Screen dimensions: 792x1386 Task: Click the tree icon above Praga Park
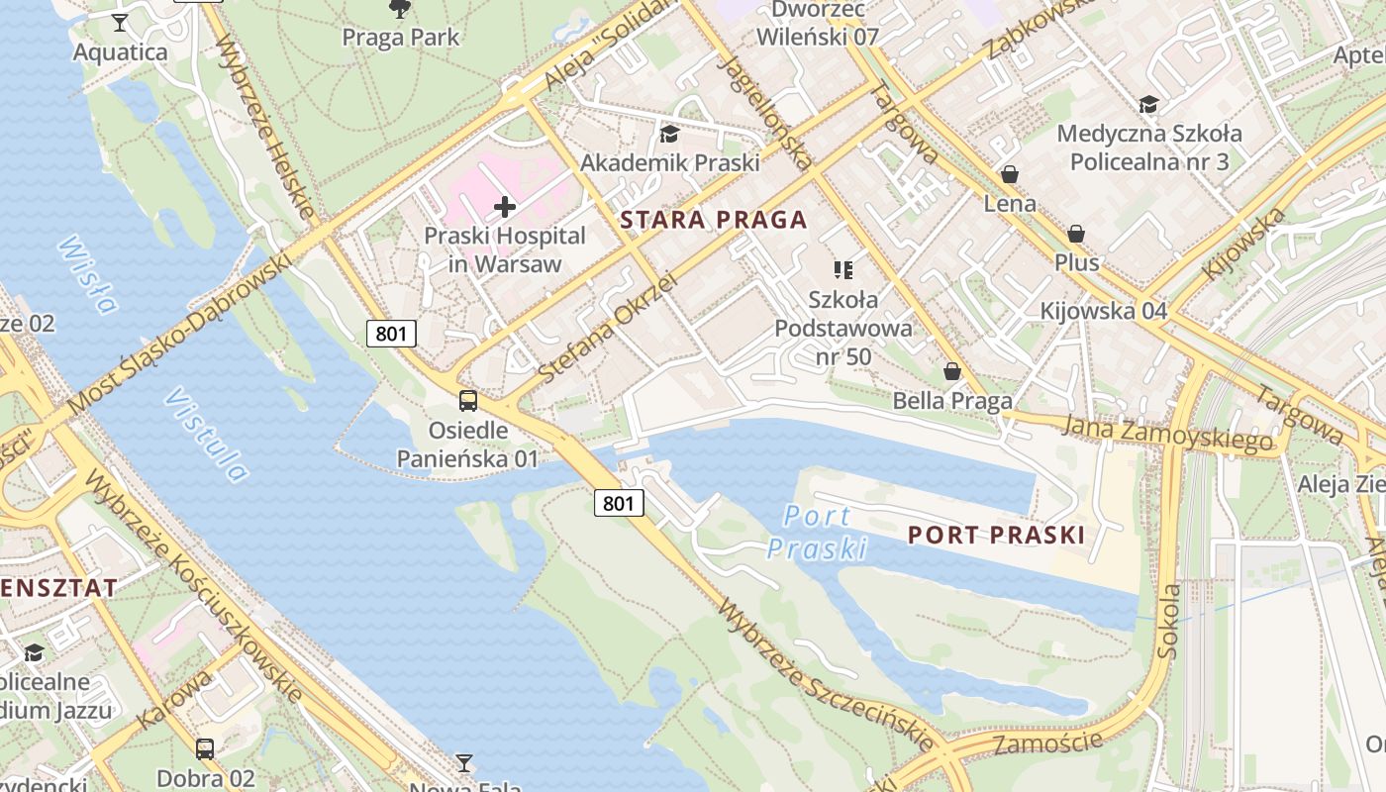[x=400, y=9]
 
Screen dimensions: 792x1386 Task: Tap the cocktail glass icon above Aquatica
[x=120, y=22]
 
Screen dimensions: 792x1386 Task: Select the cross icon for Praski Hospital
[x=505, y=207]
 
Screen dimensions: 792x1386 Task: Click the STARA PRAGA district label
[x=714, y=220]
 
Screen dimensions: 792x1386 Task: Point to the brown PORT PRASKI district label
[x=996, y=536]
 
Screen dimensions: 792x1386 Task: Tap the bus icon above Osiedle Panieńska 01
[x=468, y=401]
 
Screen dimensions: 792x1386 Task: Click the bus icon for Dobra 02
[x=205, y=748]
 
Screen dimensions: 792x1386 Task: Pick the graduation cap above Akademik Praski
[x=670, y=134]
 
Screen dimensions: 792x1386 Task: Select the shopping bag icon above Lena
[x=1010, y=174]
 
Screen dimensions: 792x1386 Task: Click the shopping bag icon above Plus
[x=1076, y=234]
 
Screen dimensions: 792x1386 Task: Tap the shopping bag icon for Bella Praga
[x=952, y=371]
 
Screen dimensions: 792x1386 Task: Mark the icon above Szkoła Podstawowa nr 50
[x=843, y=269]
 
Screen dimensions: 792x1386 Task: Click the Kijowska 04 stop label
[x=1104, y=311]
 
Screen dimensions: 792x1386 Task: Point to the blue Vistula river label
[x=206, y=435]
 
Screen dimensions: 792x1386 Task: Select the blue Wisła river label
[x=87, y=274]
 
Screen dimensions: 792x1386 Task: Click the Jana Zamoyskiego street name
[x=1168, y=434]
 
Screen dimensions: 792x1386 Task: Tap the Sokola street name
[x=1169, y=621]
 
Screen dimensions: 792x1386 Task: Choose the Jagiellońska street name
[x=768, y=111]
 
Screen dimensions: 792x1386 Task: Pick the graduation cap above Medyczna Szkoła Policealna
[x=1148, y=104]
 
